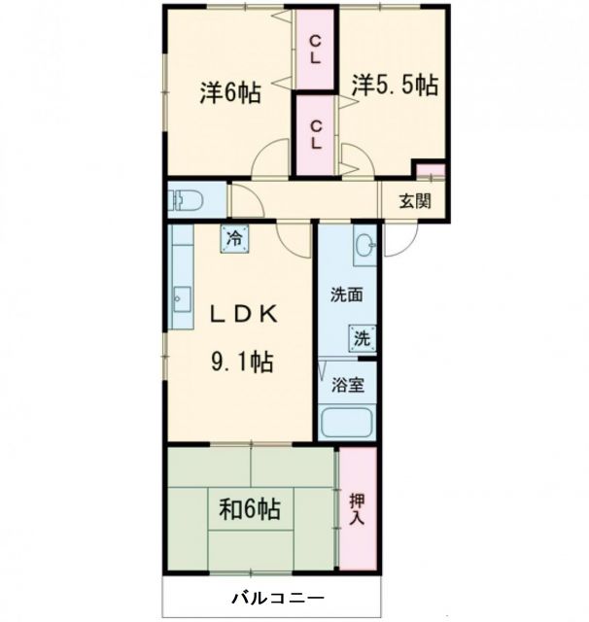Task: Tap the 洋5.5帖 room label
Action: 394,86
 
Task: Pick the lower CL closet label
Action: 316,134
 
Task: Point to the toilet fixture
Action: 185,201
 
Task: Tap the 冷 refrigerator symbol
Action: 233,235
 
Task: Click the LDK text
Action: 243,314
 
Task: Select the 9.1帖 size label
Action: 242,363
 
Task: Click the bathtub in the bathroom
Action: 346,422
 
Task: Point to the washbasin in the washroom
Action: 364,244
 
